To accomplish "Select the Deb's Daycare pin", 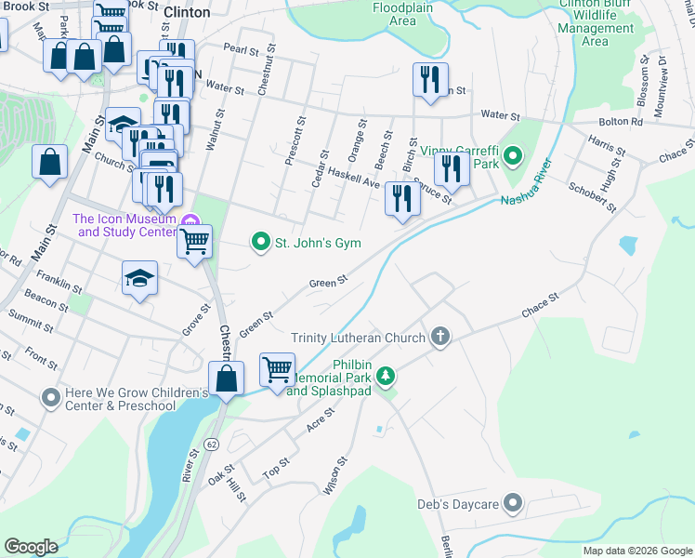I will (x=512, y=505).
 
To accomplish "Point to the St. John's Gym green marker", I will (x=262, y=243).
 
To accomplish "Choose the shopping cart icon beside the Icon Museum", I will (x=194, y=243).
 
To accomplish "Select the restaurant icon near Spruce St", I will (x=402, y=200).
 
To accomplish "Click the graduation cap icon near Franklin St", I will (x=139, y=278).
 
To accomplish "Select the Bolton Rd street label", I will (x=623, y=122).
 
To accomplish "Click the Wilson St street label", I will (x=335, y=475).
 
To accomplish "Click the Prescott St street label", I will (x=297, y=140).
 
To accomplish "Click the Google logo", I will (x=31, y=546).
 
